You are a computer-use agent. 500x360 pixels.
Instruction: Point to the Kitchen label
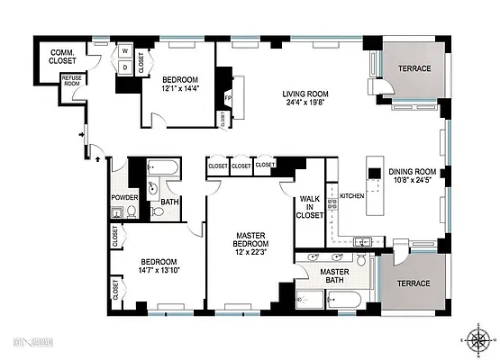350,195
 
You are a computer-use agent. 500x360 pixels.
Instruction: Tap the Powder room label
123,197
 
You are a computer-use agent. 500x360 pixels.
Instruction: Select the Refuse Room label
71,82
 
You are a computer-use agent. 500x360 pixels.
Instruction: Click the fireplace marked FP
228,96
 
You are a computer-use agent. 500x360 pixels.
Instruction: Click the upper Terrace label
410,69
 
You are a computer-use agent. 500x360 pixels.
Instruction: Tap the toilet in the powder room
132,212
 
